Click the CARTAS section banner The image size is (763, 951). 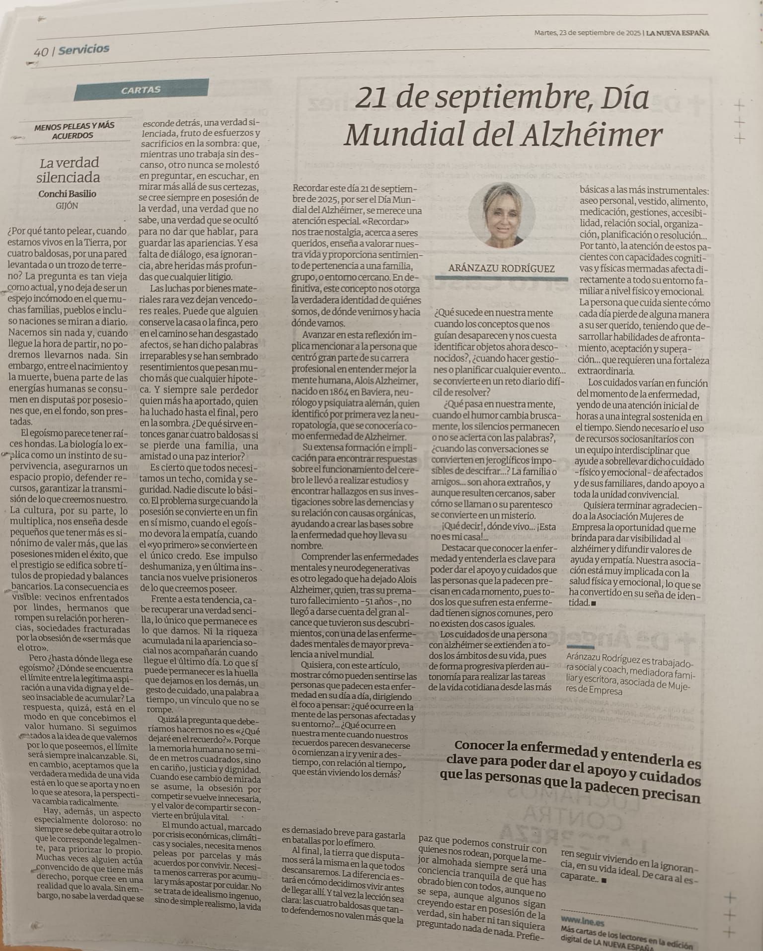pyautogui.click(x=141, y=90)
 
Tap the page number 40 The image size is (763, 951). pyautogui.click(x=41, y=52)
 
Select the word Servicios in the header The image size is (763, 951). pyautogui.click(x=84, y=49)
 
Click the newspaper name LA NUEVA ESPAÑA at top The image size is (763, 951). pyautogui.click(x=678, y=33)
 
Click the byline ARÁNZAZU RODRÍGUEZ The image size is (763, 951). pyautogui.click(x=501, y=268)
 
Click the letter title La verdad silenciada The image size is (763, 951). pyautogui.click(x=69, y=170)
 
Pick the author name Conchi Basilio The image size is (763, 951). pyautogui.click(x=67, y=194)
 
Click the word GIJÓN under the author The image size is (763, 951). pyautogui.click(x=67, y=206)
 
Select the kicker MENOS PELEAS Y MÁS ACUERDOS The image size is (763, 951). pyautogui.click(x=74, y=131)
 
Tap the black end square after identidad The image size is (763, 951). pyautogui.click(x=594, y=604)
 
